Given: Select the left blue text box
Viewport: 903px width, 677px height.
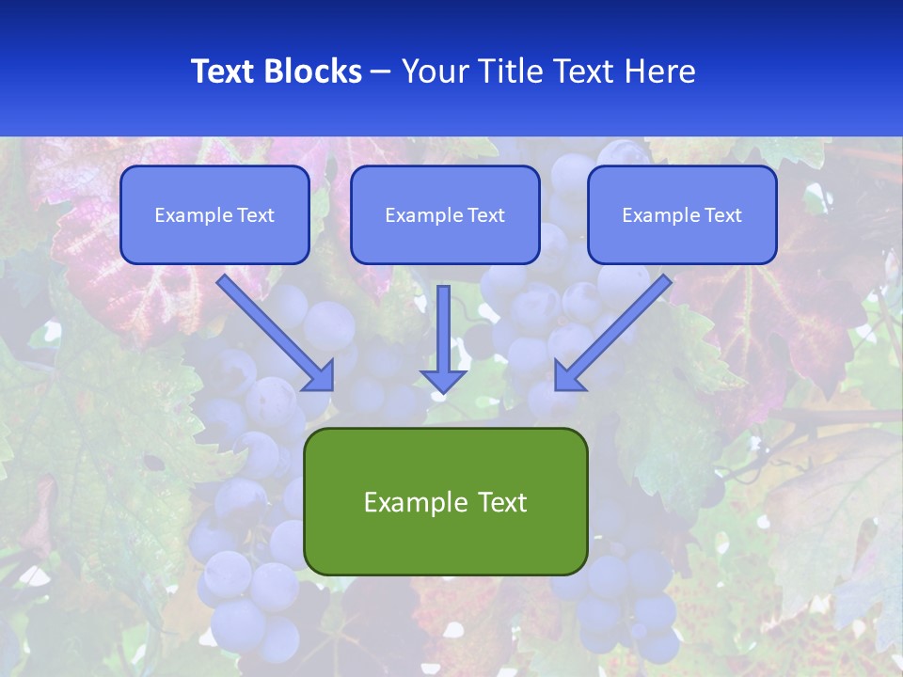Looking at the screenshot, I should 214,214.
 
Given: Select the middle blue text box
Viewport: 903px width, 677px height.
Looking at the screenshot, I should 445,214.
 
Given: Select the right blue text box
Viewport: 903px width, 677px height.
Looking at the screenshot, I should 682,214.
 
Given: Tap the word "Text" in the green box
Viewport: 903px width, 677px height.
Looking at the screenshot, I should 501,502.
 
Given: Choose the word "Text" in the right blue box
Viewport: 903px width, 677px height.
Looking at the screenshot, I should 722,215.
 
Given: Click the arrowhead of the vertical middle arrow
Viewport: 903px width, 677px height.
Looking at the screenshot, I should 443,380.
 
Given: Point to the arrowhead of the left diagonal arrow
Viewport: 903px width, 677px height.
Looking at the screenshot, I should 320,376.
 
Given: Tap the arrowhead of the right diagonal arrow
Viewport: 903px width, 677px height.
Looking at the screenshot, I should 568,376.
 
